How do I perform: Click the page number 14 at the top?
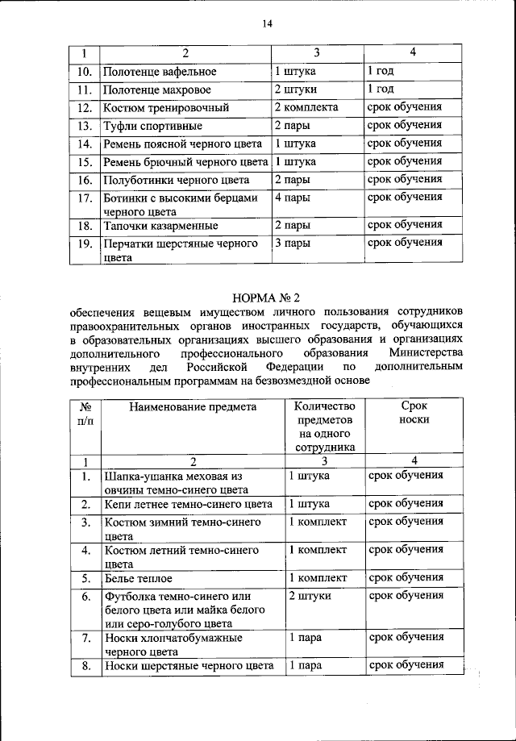[268, 24]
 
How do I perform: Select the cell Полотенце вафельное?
[160, 72]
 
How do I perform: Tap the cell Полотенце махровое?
[160, 90]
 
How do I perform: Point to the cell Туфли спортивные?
[152, 126]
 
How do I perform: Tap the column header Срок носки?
[413, 414]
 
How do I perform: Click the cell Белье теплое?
[137, 579]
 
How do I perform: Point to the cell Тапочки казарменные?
[160, 225]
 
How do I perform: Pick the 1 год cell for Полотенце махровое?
[380, 90]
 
